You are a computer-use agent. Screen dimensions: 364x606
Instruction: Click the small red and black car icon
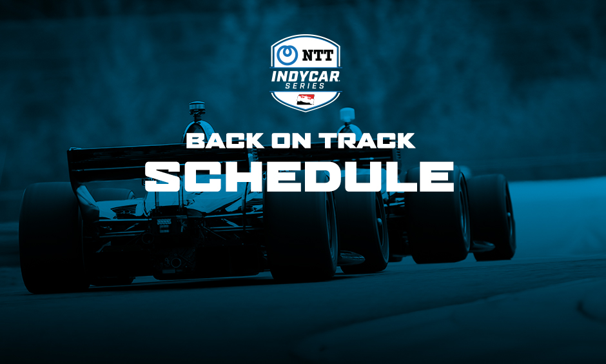[x=302, y=100]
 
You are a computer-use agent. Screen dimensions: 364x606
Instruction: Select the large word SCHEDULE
[x=299, y=176]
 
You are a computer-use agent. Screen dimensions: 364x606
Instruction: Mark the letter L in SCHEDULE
[x=402, y=176]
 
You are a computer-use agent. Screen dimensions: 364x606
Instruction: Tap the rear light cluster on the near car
[x=164, y=223]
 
